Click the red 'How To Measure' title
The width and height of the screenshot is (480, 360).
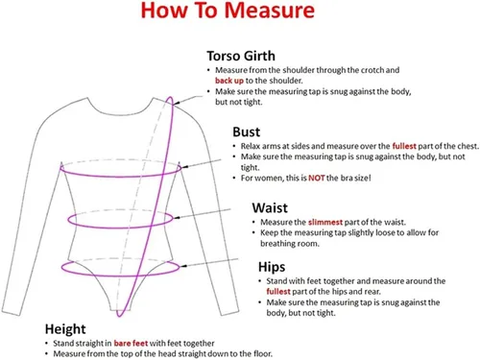[x=228, y=11]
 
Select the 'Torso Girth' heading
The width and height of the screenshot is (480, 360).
[x=241, y=56]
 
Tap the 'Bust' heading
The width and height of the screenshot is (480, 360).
[x=246, y=132]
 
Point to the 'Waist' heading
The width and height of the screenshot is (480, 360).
[x=270, y=207]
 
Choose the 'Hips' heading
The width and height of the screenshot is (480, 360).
[x=272, y=267]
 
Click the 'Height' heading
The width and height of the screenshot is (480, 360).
[x=65, y=329]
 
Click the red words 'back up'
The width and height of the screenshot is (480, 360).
[x=229, y=81]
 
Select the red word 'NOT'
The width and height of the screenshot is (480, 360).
[x=317, y=178]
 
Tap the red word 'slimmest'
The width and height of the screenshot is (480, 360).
[x=325, y=222]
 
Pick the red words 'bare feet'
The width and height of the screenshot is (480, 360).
[x=131, y=344]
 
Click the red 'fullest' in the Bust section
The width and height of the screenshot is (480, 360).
[x=404, y=146]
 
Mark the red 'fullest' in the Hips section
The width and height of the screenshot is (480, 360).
[x=278, y=292]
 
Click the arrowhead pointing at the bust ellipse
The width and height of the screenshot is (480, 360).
[x=184, y=167]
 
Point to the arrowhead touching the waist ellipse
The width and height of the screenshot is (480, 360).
[x=176, y=217]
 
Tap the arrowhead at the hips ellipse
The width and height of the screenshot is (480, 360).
[x=183, y=266]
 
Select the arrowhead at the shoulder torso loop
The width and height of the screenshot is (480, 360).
[x=177, y=103]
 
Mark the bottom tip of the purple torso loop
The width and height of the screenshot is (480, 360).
[x=119, y=316]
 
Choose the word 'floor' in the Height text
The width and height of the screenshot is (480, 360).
[x=264, y=354]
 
